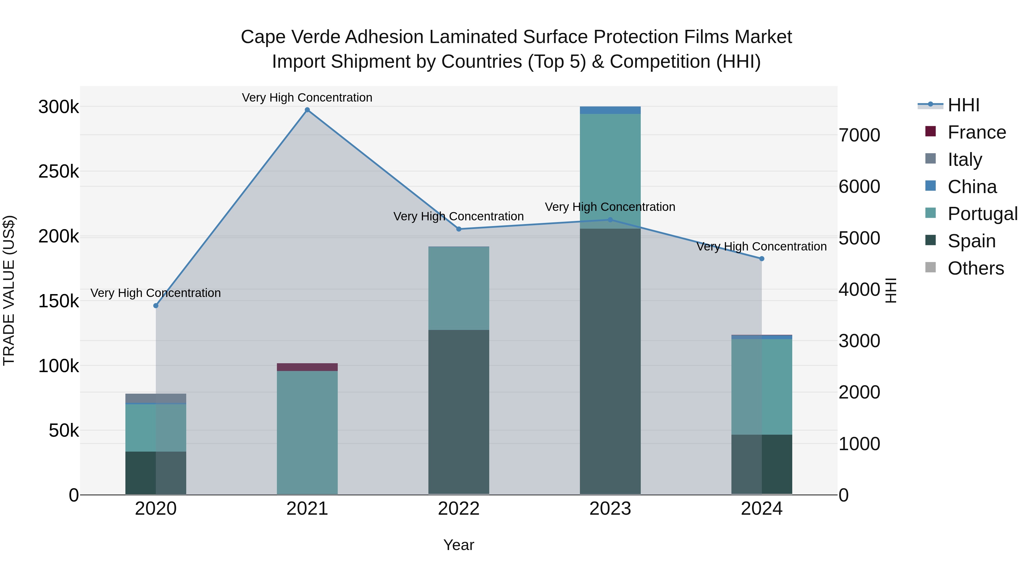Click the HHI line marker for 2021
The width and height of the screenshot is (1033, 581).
point(307,110)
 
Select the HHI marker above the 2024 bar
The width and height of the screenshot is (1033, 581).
point(762,259)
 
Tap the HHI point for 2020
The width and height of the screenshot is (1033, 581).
point(156,306)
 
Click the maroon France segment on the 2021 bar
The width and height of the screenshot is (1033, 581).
point(307,367)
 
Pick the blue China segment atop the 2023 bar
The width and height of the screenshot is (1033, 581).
point(610,110)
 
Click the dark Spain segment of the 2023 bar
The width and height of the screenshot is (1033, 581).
point(610,361)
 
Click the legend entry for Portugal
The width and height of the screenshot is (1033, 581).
point(982,214)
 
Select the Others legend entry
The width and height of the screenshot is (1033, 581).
point(975,268)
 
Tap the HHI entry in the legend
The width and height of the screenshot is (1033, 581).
point(963,105)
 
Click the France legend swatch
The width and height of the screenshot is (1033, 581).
point(930,131)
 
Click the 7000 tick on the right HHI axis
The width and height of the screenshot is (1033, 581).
point(859,135)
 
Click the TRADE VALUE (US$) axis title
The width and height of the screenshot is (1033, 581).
point(9,290)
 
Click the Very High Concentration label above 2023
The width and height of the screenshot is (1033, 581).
point(610,207)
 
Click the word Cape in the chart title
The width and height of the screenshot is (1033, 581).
point(263,37)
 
